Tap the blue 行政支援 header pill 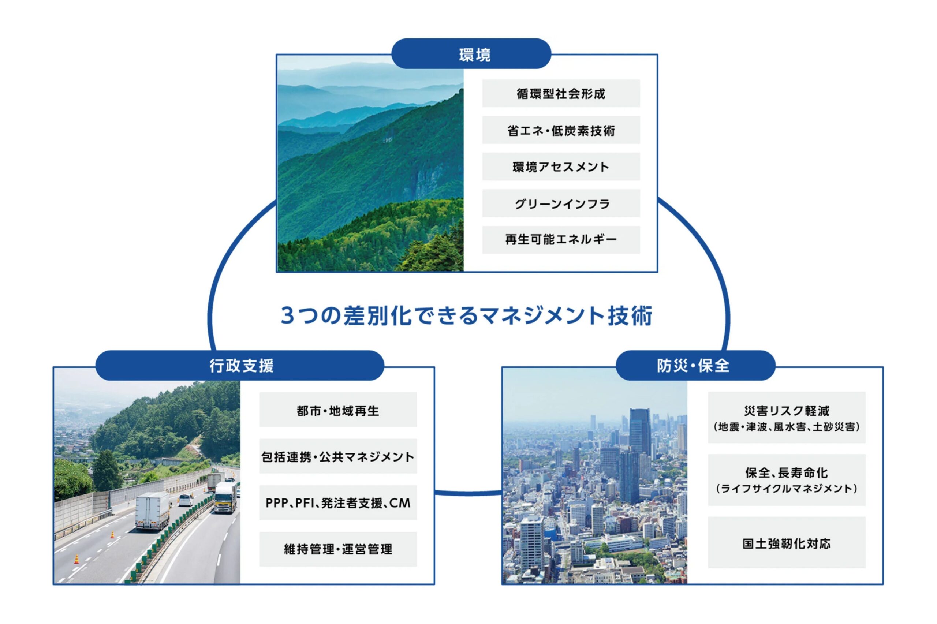click(x=239, y=365)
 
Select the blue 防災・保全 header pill click(x=695, y=365)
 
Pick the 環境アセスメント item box click(x=561, y=167)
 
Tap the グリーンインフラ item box click(x=561, y=203)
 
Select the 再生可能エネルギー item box click(x=561, y=240)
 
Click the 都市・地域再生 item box click(x=338, y=410)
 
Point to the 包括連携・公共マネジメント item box click(x=338, y=456)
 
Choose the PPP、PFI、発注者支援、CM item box click(x=338, y=502)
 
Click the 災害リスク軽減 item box click(x=786, y=418)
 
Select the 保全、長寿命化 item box click(x=786, y=480)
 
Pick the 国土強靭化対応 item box click(x=786, y=542)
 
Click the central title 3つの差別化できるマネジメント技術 click(x=466, y=315)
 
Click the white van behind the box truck click(x=186, y=500)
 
